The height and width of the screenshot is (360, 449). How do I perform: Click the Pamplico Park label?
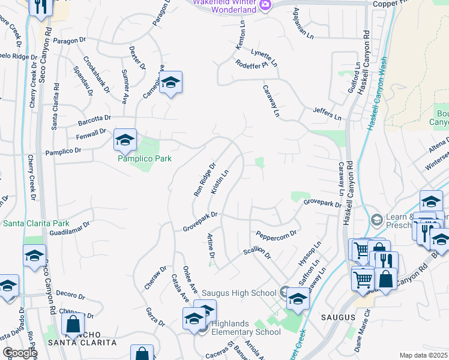point(145,158)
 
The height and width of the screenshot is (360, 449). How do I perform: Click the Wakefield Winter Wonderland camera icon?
point(265,5)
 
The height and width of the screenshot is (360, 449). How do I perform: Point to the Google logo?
point(19,353)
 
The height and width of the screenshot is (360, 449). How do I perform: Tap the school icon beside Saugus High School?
point(297,297)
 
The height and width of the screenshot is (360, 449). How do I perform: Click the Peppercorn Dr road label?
point(276,233)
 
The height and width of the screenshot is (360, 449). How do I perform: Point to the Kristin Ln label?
point(220,181)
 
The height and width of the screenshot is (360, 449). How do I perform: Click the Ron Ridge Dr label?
point(204,179)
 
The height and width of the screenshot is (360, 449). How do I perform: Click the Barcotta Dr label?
point(95,119)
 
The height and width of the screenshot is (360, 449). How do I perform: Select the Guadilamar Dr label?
point(69,229)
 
